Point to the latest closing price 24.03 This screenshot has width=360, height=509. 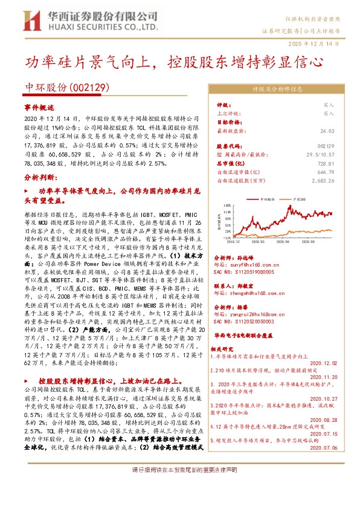[327, 130]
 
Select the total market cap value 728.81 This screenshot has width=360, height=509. [326, 163]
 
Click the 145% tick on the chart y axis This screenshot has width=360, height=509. [227, 206]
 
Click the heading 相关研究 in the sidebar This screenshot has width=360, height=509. [222, 349]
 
